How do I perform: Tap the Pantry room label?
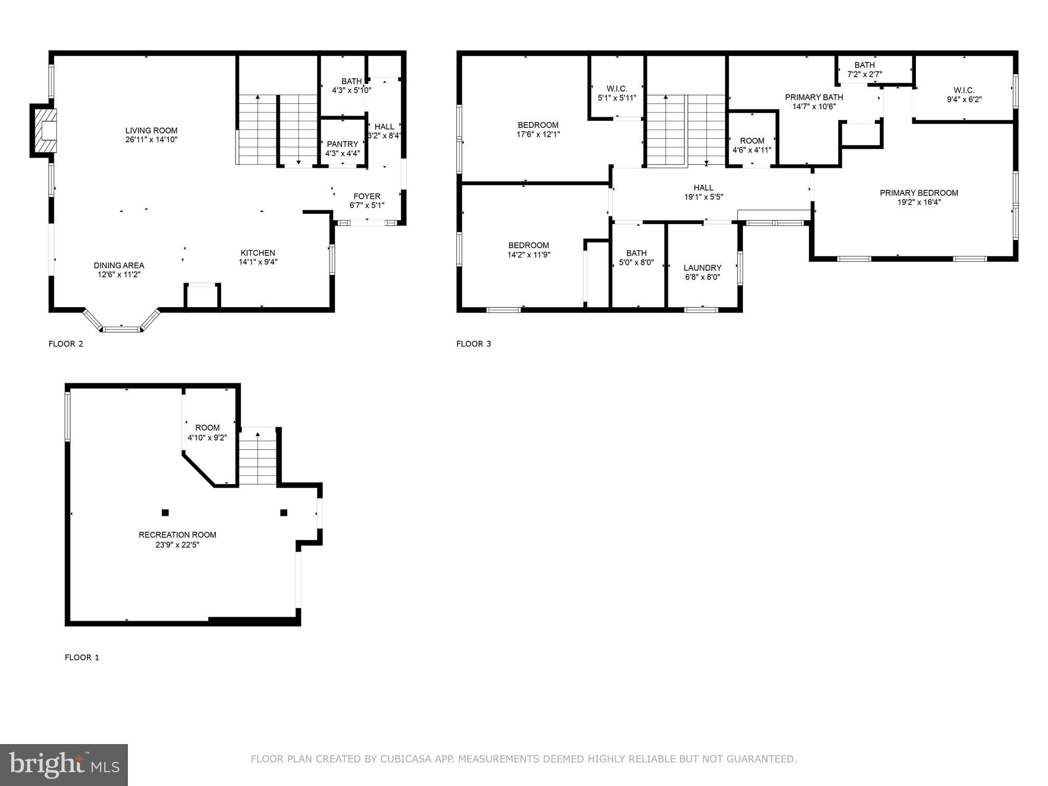[x=342, y=144]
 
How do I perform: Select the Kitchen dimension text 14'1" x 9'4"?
[x=258, y=262]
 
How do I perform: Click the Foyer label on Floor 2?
[x=367, y=196]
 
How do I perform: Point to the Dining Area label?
[x=119, y=266]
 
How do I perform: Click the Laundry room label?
[x=702, y=268]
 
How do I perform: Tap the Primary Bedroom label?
[x=919, y=193]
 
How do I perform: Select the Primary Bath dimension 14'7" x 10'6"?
[x=814, y=107]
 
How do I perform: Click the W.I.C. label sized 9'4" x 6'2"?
[x=964, y=91]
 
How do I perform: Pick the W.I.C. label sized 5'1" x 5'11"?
[x=617, y=89]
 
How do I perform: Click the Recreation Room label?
[x=177, y=535]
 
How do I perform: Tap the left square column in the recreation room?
[x=165, y=513]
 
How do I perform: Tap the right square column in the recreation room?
[x=283, y=513]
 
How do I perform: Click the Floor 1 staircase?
[x=258, y=458]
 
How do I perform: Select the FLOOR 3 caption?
[x=473, y=344]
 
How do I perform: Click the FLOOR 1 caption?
[x=82, y=658]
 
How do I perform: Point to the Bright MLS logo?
[x=64, y=765]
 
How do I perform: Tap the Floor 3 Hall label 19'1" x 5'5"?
[x=703, y=188]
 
